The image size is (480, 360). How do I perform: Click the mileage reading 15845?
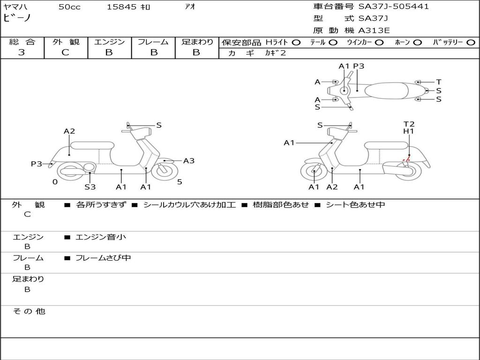click(x=121, y=7)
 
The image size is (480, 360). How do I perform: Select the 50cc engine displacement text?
click(x=69, y=7)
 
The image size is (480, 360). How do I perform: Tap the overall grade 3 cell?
click(x=22, y=52)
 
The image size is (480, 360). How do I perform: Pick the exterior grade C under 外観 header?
click(x=66, y=52)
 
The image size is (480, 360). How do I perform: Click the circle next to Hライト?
click(x=296, y=43)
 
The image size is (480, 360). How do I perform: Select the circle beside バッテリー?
click(x=471, y=43)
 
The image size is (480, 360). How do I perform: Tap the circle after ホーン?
click(x=418, y=43)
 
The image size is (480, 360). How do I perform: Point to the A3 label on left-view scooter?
click(x=189, y=161)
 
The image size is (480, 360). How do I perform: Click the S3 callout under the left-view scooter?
click(x=90, y=187)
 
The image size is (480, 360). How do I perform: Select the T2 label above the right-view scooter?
click(x=409, y=124)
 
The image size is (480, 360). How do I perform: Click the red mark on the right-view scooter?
click(x=406, y=161)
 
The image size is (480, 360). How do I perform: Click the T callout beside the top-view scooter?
click(x=439, y=82)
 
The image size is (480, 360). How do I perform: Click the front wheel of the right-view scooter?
click(x=314, y=172)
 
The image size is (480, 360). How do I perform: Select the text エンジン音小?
click(x=101, y=237)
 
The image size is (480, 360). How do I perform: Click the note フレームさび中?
click(x=103, y=258)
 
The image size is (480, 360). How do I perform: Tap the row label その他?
click(x=29, y=311)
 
